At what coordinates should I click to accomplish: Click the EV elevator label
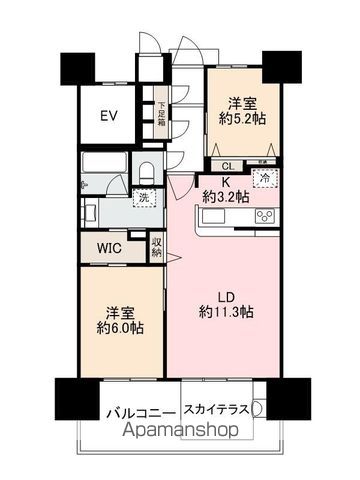pos(109,116)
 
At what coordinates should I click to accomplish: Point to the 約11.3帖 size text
pos(225,312)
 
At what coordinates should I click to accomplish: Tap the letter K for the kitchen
pos(225,180)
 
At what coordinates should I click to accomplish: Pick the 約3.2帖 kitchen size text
pos(225,195)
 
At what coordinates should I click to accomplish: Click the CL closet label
pos(227,166)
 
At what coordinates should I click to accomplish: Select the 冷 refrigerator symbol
pos(266,177)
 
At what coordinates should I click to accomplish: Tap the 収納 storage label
pos(157,247)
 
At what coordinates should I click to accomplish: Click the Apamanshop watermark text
pos(180,432)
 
